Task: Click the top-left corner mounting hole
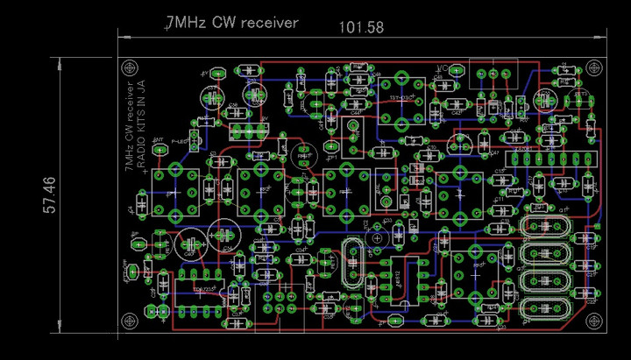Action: [131, 67]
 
